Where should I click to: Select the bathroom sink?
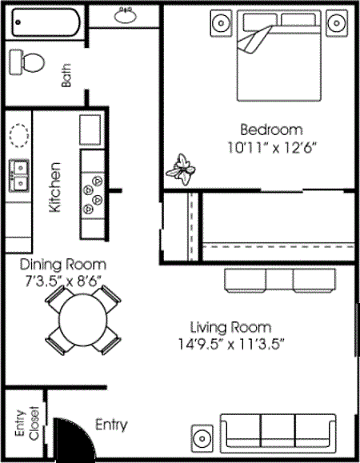click(x=125, y=15)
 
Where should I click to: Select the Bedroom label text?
click(x=273, y=130)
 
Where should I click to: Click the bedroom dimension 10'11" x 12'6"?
click(x=273, y=146)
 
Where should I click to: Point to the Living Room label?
click(x=230, y=327)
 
